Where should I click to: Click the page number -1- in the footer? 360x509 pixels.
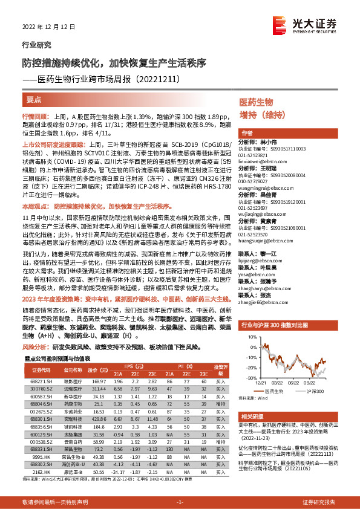[180, 502]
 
